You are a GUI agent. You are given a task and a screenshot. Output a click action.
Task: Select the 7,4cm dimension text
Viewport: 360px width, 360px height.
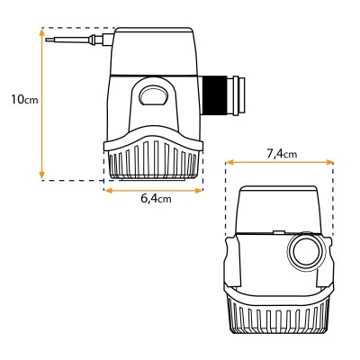pos(283,155)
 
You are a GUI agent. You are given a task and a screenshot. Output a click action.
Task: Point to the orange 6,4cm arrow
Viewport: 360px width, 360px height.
pos(154,189)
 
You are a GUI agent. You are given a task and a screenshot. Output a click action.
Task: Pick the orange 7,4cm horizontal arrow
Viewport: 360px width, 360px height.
pos(279,163)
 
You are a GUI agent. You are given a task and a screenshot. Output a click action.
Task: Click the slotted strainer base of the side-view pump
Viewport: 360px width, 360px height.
pos(153,162)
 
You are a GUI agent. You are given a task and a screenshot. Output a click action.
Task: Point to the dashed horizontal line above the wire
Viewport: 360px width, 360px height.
pos(81,28)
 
